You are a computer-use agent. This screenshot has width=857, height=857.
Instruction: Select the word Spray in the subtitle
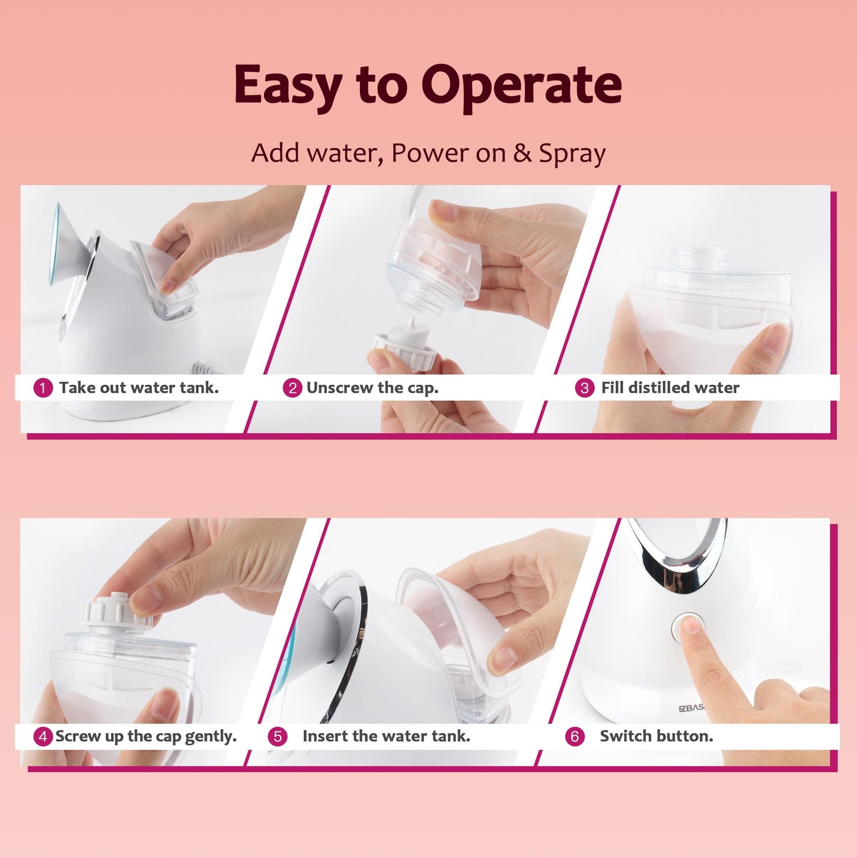tap(572, 154)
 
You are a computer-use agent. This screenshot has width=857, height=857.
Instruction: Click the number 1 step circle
tap(43, 388)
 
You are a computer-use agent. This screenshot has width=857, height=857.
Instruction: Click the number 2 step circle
tap(292, 388)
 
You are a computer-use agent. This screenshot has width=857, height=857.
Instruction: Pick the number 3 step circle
tap(584, 388)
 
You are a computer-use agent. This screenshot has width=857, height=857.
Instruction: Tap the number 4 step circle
tap(43, 737)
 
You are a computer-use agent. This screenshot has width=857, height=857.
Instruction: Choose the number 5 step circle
tap(278, 737)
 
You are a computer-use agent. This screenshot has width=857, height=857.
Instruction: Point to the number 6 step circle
tap(575, 737)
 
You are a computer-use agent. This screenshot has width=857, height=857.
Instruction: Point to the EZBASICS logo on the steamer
tap(692, 708)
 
